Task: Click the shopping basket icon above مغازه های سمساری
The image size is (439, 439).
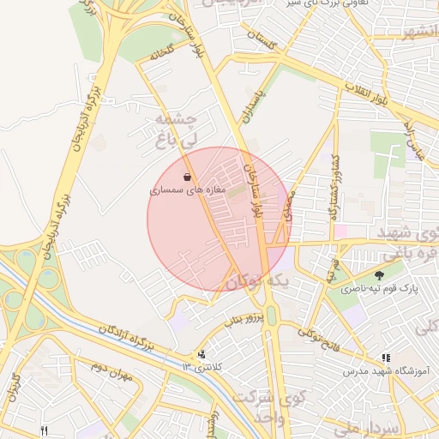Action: coord(187,177)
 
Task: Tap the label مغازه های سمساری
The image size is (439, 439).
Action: coord(187,190)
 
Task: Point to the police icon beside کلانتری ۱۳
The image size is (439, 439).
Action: coord(201,353)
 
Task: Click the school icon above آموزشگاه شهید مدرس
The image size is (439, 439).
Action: coord(386,357)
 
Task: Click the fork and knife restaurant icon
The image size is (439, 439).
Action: coord(45,430)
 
